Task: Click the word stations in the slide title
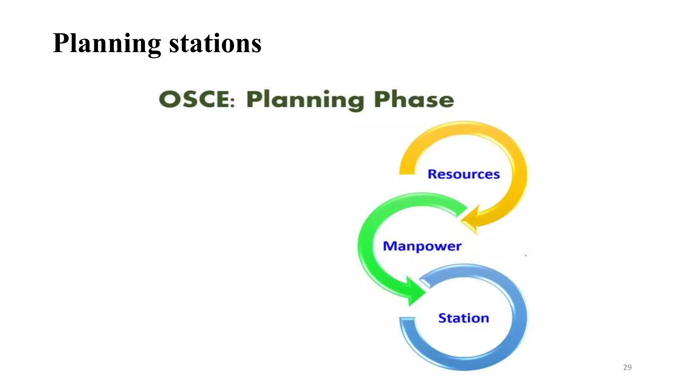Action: point(215,43)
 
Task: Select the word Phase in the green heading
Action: point(414,99)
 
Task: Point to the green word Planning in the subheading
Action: point(305,100)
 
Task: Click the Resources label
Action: point(464,174)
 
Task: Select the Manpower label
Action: point(422,246)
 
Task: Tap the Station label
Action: point(464,318)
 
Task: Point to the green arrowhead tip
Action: point(425,293)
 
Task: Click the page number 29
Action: point(627,367)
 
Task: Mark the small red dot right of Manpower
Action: point(526,255)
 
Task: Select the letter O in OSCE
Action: point(169,99)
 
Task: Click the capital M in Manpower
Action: point(389,246)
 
